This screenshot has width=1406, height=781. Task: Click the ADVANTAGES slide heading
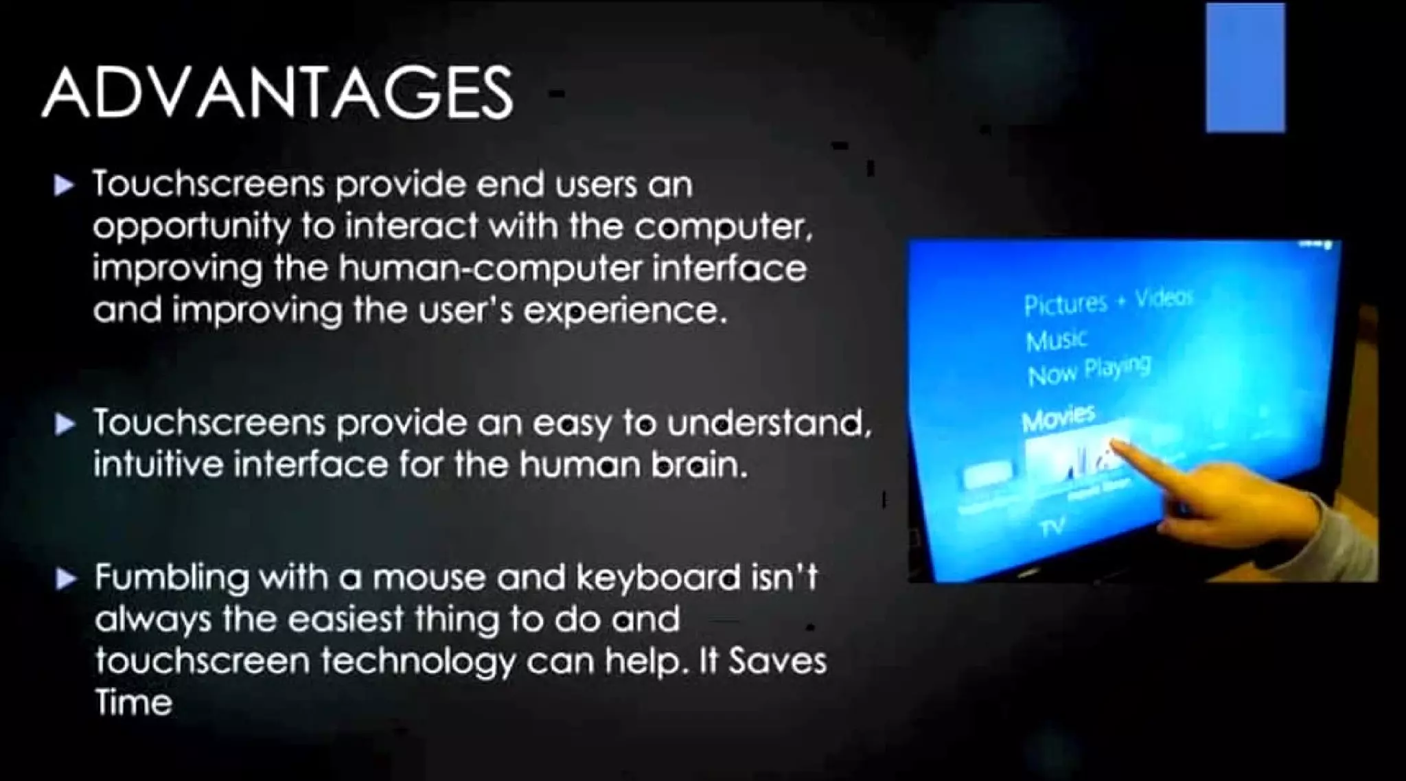(x=277, y=93)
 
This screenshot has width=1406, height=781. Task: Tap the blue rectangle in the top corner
(x=1245, y=68)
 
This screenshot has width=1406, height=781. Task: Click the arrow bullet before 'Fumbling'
(x=66, y=580)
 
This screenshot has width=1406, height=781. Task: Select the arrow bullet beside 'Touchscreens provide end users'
(x=64, y=185)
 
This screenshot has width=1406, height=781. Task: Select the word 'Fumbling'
(x=172, y=578)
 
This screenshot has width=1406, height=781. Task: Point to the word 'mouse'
(x=428, y=578)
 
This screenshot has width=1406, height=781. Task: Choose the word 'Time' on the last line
(x=133, y=703)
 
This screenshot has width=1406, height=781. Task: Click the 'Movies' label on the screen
(x=1058, y=417)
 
